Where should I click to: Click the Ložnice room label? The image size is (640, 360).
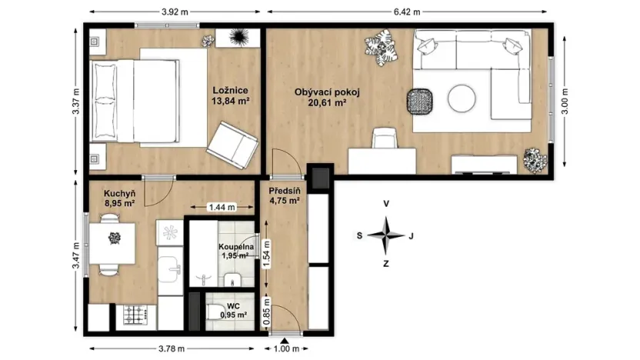(228, 89)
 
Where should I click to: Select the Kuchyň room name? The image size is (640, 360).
(120, 195)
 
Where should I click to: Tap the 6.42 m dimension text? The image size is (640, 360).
(408, 12)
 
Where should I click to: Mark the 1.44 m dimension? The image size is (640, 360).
(222, 208)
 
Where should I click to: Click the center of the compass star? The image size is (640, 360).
(387, 235)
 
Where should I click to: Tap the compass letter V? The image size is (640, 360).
(387, 205)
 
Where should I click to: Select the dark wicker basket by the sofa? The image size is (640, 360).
(420, 101)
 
